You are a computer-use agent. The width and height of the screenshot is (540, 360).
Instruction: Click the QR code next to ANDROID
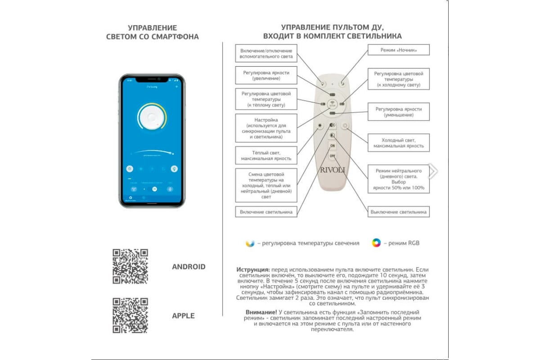(x=130, y=266)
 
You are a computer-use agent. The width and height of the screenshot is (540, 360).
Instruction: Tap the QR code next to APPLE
(x=130, y=315)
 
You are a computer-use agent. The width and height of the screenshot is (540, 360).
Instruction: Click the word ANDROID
(x=189, y=267)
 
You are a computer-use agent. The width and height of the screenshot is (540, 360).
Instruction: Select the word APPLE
(x=183, y=316)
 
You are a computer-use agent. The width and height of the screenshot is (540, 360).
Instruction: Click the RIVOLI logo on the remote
(x=333, y=170)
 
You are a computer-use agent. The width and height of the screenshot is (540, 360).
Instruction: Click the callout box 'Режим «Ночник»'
(x=398, y=50)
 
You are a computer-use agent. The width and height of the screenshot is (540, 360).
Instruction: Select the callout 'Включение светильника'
(x=266, y=211)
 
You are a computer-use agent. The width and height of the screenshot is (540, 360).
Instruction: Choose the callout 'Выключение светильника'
(x=398, y=211)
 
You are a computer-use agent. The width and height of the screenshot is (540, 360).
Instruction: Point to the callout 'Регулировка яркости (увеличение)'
(x=266, y=75)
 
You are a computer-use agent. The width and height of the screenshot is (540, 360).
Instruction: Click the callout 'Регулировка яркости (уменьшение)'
(x=398, y=112)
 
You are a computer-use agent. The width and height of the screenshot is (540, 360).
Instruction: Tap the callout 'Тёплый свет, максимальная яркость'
(x=266, y=155)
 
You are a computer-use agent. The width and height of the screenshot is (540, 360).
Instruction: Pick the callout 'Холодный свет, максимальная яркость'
(x=398, y=143)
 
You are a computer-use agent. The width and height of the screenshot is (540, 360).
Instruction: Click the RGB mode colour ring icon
(x=376, y=243)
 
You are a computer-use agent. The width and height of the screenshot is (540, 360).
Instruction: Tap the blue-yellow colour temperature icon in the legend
(x=250, y=243)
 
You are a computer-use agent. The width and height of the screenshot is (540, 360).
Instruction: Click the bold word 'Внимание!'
(x=261, y=312)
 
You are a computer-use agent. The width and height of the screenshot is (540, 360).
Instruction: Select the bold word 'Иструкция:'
(x=253, y=269)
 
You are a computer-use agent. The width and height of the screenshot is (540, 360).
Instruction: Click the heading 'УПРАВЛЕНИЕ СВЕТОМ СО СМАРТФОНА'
(x=152, y=32)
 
